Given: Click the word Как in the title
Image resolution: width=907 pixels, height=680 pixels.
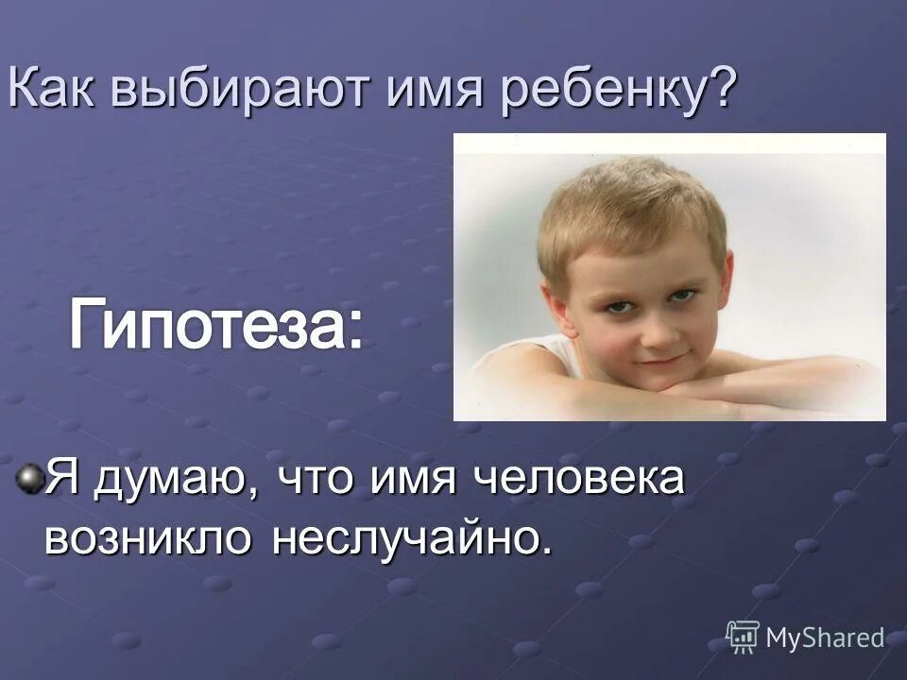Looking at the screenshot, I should click(x=53, y=91).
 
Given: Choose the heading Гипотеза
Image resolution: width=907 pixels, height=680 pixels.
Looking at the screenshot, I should click(x=214, y=325).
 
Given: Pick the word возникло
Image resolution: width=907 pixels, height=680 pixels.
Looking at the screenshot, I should click(x=150, y=536).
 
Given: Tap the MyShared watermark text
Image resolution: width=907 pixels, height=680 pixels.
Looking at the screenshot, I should click(x=825, y=638).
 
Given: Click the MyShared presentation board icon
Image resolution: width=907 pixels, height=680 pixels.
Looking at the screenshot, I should click(x=743, y=637).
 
